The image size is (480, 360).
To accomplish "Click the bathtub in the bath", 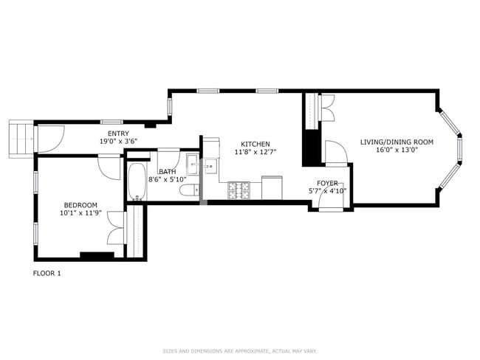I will coord(136,181).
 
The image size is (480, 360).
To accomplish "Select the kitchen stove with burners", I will coord(239,190).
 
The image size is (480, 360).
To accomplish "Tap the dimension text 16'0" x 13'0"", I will coord(397,150).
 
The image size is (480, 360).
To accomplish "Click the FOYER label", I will coord(327,182).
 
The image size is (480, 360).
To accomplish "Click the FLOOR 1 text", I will coord(47,273).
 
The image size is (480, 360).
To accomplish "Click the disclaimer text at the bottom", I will coord(239,350).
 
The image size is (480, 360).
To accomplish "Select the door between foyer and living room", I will coord(335,153).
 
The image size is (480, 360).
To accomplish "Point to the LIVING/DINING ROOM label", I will coord(397,142).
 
